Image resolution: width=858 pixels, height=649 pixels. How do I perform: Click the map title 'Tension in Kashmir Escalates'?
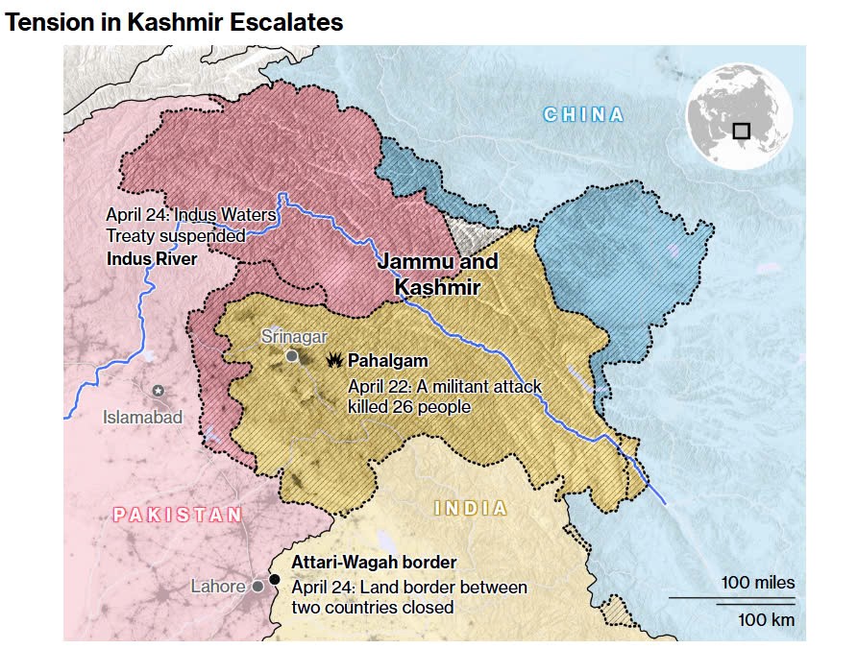click(174, 22)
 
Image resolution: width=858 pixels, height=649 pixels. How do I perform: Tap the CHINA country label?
click(583, 115)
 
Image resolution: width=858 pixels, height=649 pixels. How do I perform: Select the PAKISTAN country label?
click(178, 515)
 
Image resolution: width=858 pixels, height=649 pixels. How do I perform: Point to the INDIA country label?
click(471, 508)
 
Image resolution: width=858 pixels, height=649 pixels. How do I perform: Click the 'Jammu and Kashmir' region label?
click(437, 274)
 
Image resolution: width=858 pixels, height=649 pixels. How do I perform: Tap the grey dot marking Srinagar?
click(292, 356)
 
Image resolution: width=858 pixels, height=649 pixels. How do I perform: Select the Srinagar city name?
click(295, 336)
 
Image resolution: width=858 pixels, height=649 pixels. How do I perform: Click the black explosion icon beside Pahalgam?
click(334, 360)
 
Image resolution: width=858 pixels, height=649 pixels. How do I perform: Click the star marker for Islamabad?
click(159, 391)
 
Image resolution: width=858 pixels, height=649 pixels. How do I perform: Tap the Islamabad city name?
click(143, 417)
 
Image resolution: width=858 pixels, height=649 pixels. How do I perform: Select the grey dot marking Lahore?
click(257, 586)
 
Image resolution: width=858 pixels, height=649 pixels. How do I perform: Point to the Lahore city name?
click(218, 586)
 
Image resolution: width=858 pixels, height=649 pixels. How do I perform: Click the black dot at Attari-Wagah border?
click(275, 579)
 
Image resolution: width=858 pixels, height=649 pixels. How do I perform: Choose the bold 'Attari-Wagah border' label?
click(374, 563)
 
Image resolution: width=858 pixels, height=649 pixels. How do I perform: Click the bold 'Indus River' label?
click(152, 259)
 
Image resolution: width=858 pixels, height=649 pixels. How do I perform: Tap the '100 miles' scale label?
click(758, 583)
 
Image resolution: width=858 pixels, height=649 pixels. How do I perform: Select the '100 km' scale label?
click(766, 619)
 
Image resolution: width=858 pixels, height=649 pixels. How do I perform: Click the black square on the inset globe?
click(741, 131)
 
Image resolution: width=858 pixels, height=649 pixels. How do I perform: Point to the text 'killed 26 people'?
click(408, 406)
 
